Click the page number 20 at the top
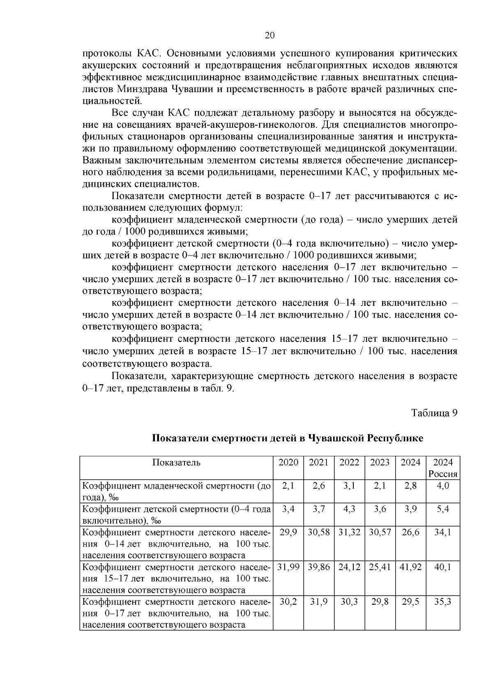[270, 35]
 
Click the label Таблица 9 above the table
[434, 413]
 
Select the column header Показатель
[176, 462]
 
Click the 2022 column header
[349, 462]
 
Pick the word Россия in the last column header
[442, 474]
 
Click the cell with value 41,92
[410, 567]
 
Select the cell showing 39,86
[319, 567]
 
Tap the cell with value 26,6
[410, 532]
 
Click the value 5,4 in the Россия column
[442, 509]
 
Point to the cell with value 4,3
[349, 509]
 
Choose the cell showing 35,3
[442, 602]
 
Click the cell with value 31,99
[288, 567]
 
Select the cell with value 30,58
[319, 532]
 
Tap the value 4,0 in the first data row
[442, 486]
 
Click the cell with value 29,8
[380, 602]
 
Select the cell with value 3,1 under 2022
[349, 486]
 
